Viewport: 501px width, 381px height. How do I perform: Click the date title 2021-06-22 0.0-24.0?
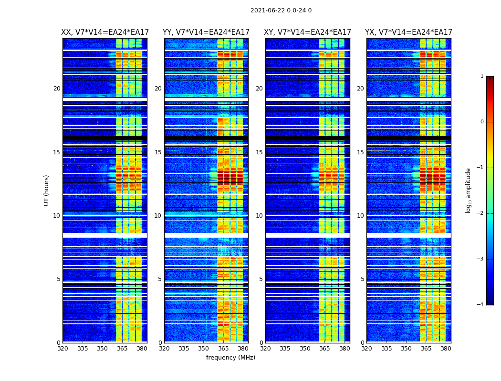point(281,10)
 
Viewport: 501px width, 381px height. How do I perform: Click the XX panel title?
point(105,32)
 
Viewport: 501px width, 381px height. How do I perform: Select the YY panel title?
point(206,32)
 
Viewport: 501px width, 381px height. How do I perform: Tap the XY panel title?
point(308,32)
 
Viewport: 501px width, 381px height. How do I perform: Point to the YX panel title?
point(409,32)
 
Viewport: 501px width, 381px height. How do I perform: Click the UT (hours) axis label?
point(47,190)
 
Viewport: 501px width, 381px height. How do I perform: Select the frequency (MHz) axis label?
point(230,358)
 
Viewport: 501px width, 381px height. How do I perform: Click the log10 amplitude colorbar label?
point(469,190)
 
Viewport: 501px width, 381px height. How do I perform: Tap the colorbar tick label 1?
point(482,76)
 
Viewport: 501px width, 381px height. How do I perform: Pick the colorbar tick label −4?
point(480,305)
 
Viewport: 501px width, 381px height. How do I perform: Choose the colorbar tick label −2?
point(480,213)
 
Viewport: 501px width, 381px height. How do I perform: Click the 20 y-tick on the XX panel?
point(57,89)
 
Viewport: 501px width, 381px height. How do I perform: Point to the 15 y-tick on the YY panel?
point(158,152)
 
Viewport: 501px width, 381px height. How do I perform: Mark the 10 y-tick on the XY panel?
point(259,216)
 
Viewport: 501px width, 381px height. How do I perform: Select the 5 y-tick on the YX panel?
point(362,279)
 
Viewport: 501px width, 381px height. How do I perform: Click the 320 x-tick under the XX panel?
point(63,349)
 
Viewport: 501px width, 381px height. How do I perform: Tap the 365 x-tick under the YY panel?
point(223,349)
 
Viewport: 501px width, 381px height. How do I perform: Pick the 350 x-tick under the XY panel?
point(305,349)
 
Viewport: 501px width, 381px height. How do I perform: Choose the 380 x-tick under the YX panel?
point(446,349)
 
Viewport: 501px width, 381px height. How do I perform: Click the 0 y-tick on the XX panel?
point(59,342)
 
